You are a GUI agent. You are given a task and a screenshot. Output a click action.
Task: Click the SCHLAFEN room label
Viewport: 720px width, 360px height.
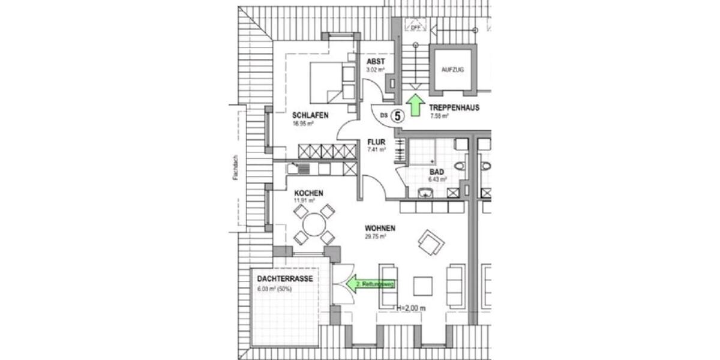click(x=310, y=115)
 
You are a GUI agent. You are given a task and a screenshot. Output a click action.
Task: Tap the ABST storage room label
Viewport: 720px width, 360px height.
click(x=376, y=61)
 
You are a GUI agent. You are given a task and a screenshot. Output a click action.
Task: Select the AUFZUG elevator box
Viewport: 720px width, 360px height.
click(x=453, y=70)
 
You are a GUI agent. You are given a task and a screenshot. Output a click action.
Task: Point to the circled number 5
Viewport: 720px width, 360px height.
click(x=397, y=115)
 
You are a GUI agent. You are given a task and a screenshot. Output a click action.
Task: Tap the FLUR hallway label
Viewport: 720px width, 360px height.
click(x=376, y=142)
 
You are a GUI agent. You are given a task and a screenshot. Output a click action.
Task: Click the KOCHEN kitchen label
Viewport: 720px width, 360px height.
click(x=308, y=193)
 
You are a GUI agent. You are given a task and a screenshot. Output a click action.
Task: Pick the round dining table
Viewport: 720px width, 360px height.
click(x=314, y=225)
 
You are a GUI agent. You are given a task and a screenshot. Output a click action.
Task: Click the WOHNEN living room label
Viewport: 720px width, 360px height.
click(x=379, y=228)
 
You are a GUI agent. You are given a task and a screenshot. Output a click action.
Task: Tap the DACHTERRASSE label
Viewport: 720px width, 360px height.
click(x=284, y=279)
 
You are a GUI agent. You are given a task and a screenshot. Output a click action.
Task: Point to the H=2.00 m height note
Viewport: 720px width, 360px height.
click(x=412, y=308)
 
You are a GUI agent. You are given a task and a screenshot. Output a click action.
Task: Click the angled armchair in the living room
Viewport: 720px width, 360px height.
click(x=431, y=243)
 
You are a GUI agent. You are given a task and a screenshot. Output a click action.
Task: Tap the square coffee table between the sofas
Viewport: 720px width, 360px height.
click(x=423, y=284)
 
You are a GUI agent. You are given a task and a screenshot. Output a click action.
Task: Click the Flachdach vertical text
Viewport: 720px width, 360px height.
click(x=238, y=167)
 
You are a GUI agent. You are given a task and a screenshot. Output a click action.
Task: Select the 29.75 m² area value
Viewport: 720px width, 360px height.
click(x=375, y=236)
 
